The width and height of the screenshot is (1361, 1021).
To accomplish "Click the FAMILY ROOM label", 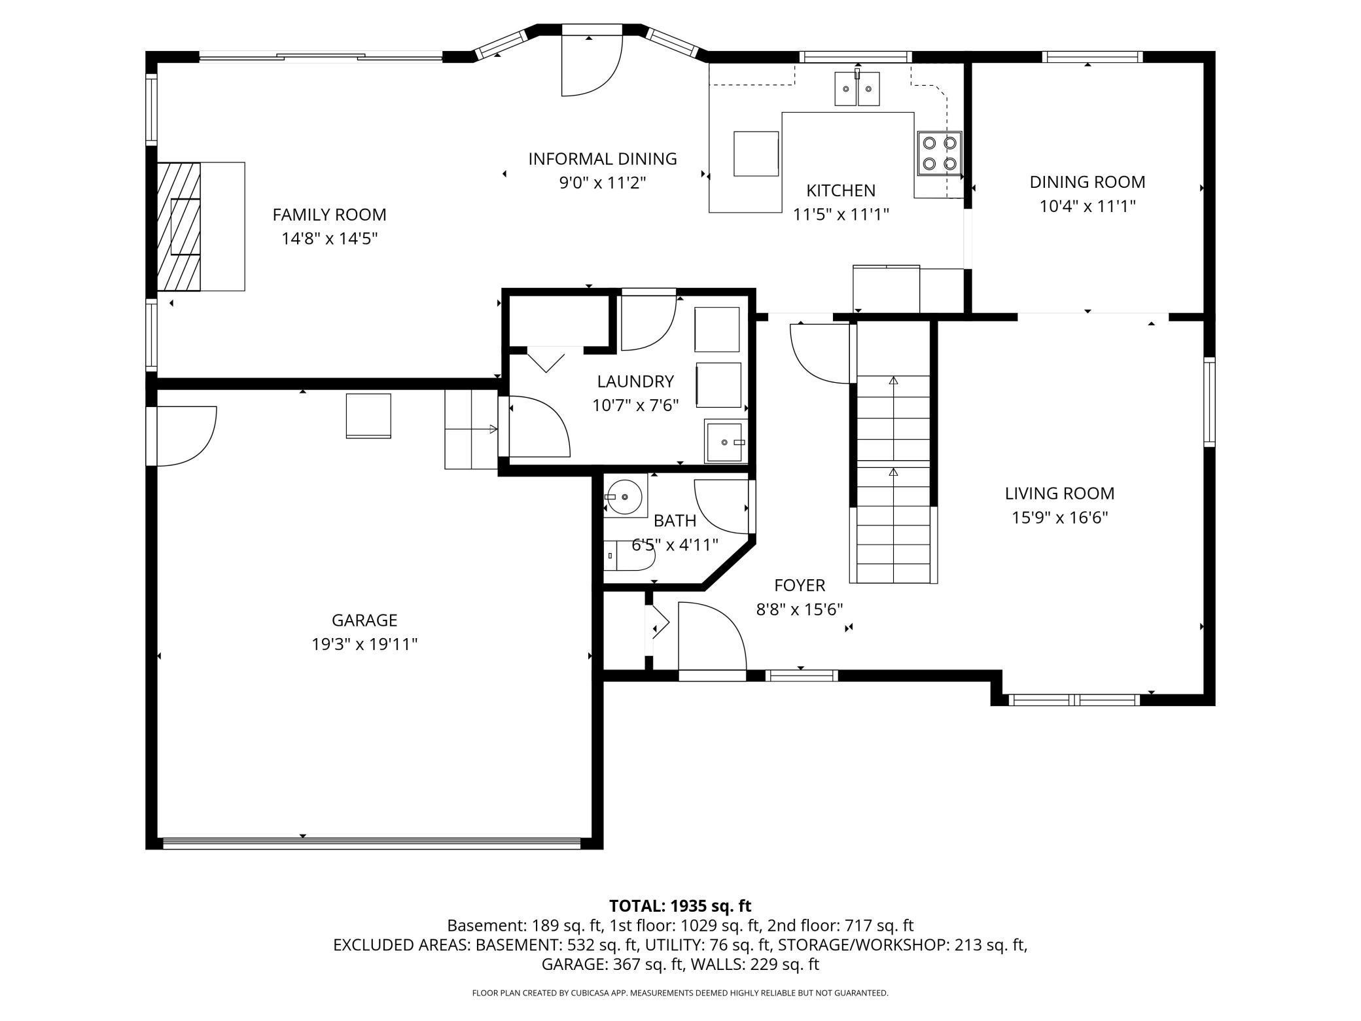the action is point(329,215).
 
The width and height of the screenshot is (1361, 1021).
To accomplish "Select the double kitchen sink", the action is point(857,89).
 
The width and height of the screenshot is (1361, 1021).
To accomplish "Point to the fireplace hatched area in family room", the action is point(179,226).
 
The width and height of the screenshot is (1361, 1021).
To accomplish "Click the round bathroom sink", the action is point(625,496).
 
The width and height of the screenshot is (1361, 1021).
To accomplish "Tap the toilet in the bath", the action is point(629,556).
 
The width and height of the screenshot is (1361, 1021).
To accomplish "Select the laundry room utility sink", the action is point(726,442).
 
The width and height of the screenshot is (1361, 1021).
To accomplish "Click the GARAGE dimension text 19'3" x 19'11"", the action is point(364,645).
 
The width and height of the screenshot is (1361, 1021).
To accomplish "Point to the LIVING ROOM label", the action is point(1059,493).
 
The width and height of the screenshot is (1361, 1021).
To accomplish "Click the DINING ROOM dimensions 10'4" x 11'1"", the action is point(1087,206).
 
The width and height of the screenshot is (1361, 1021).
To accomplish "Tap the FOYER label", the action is point(800,585).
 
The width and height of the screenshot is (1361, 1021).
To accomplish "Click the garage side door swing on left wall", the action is point(186,436).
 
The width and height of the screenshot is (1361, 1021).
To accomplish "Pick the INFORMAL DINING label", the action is point(603,159).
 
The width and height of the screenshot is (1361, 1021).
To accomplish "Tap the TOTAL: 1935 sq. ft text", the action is point(680,906).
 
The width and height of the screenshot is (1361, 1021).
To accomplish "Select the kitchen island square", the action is point(756,154).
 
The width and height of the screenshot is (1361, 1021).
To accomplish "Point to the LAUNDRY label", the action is point(635,381).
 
